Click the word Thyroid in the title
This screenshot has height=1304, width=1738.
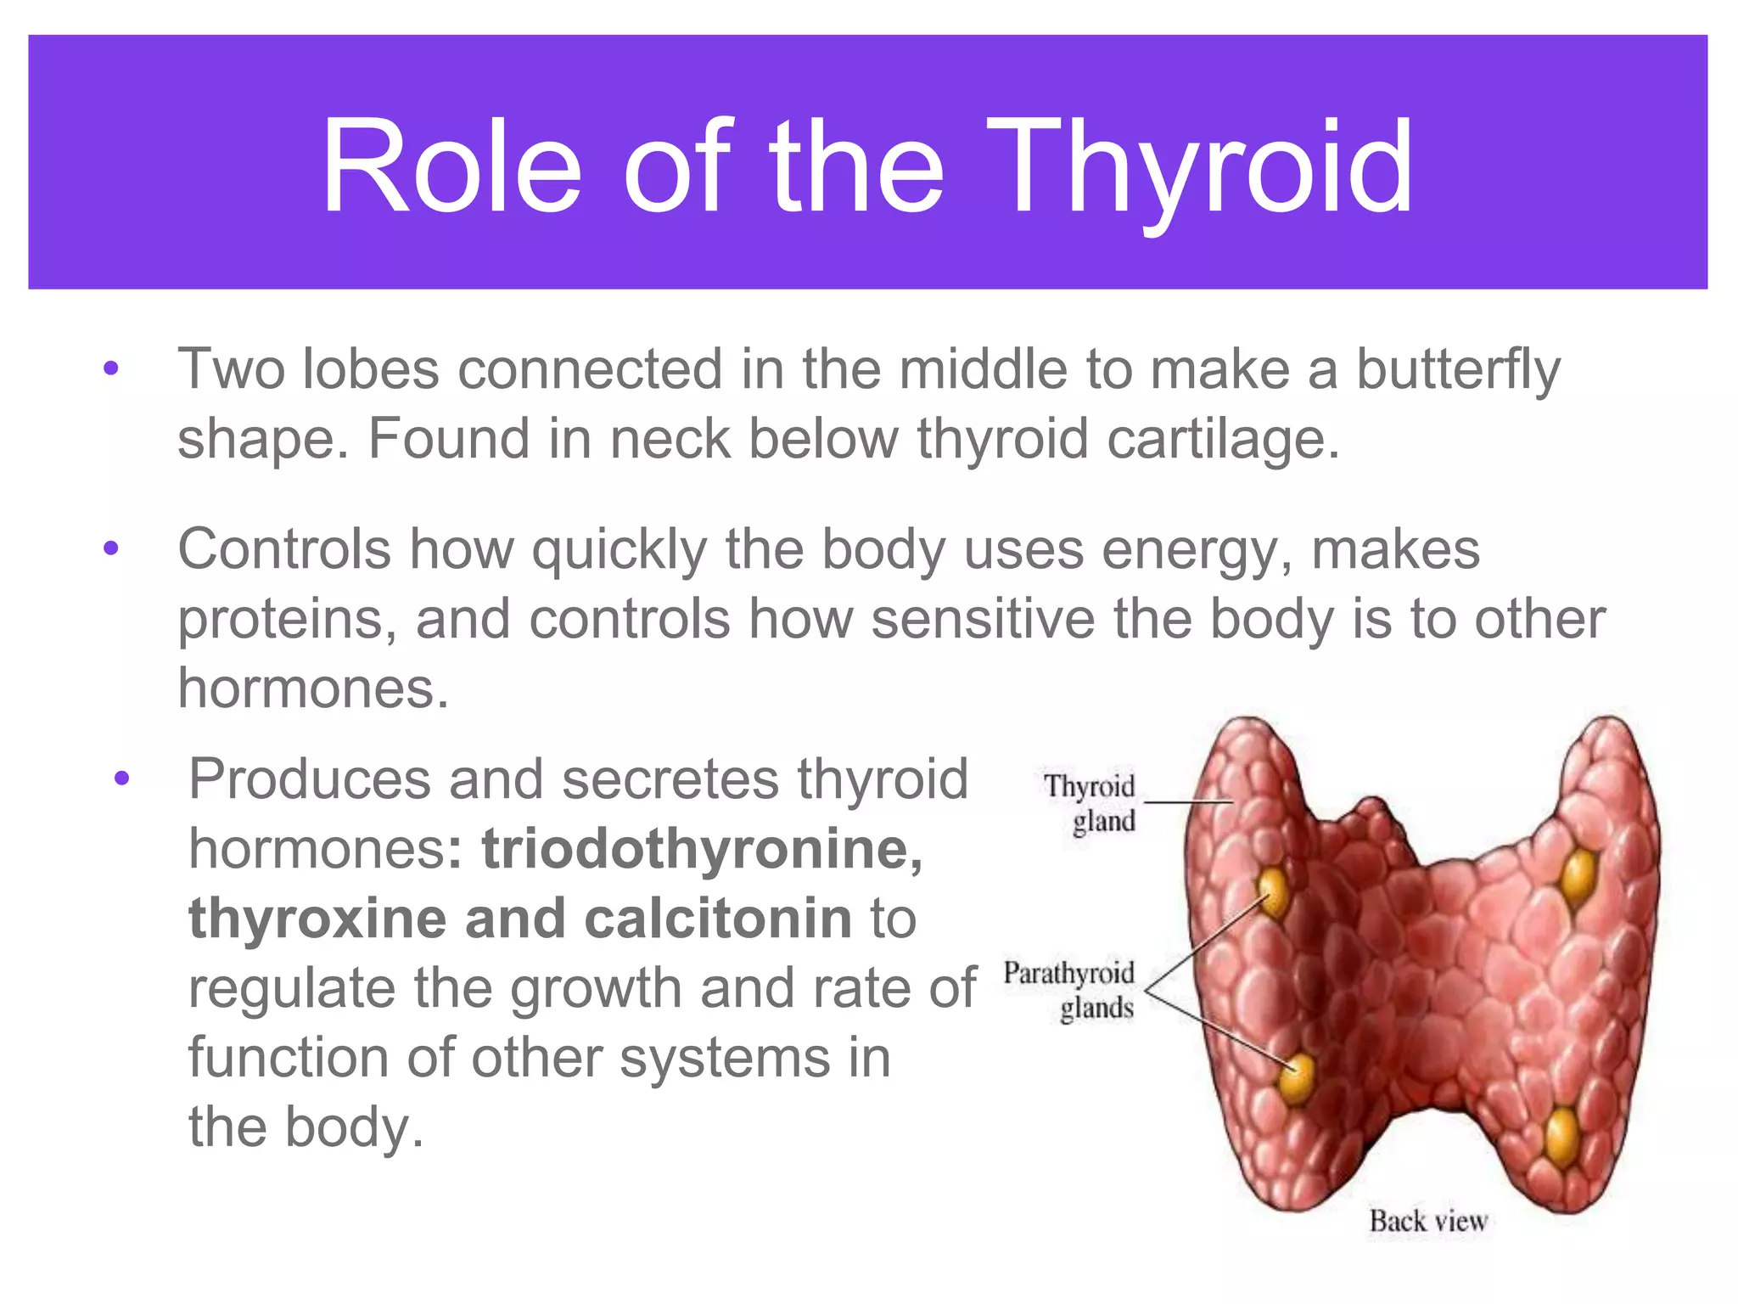coord(1199,170)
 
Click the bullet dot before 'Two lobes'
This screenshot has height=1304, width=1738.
coord(111,369)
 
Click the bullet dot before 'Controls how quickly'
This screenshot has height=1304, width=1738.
coord(111,549)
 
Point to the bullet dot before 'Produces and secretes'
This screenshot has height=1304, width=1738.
coord(122,778)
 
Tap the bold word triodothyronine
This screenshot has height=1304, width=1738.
coord(702,849)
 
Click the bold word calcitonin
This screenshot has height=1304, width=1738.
coord(718,919)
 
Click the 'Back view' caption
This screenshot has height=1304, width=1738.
coord(1427,1222)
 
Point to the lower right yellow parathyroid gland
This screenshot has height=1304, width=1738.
coord(1561,1135)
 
